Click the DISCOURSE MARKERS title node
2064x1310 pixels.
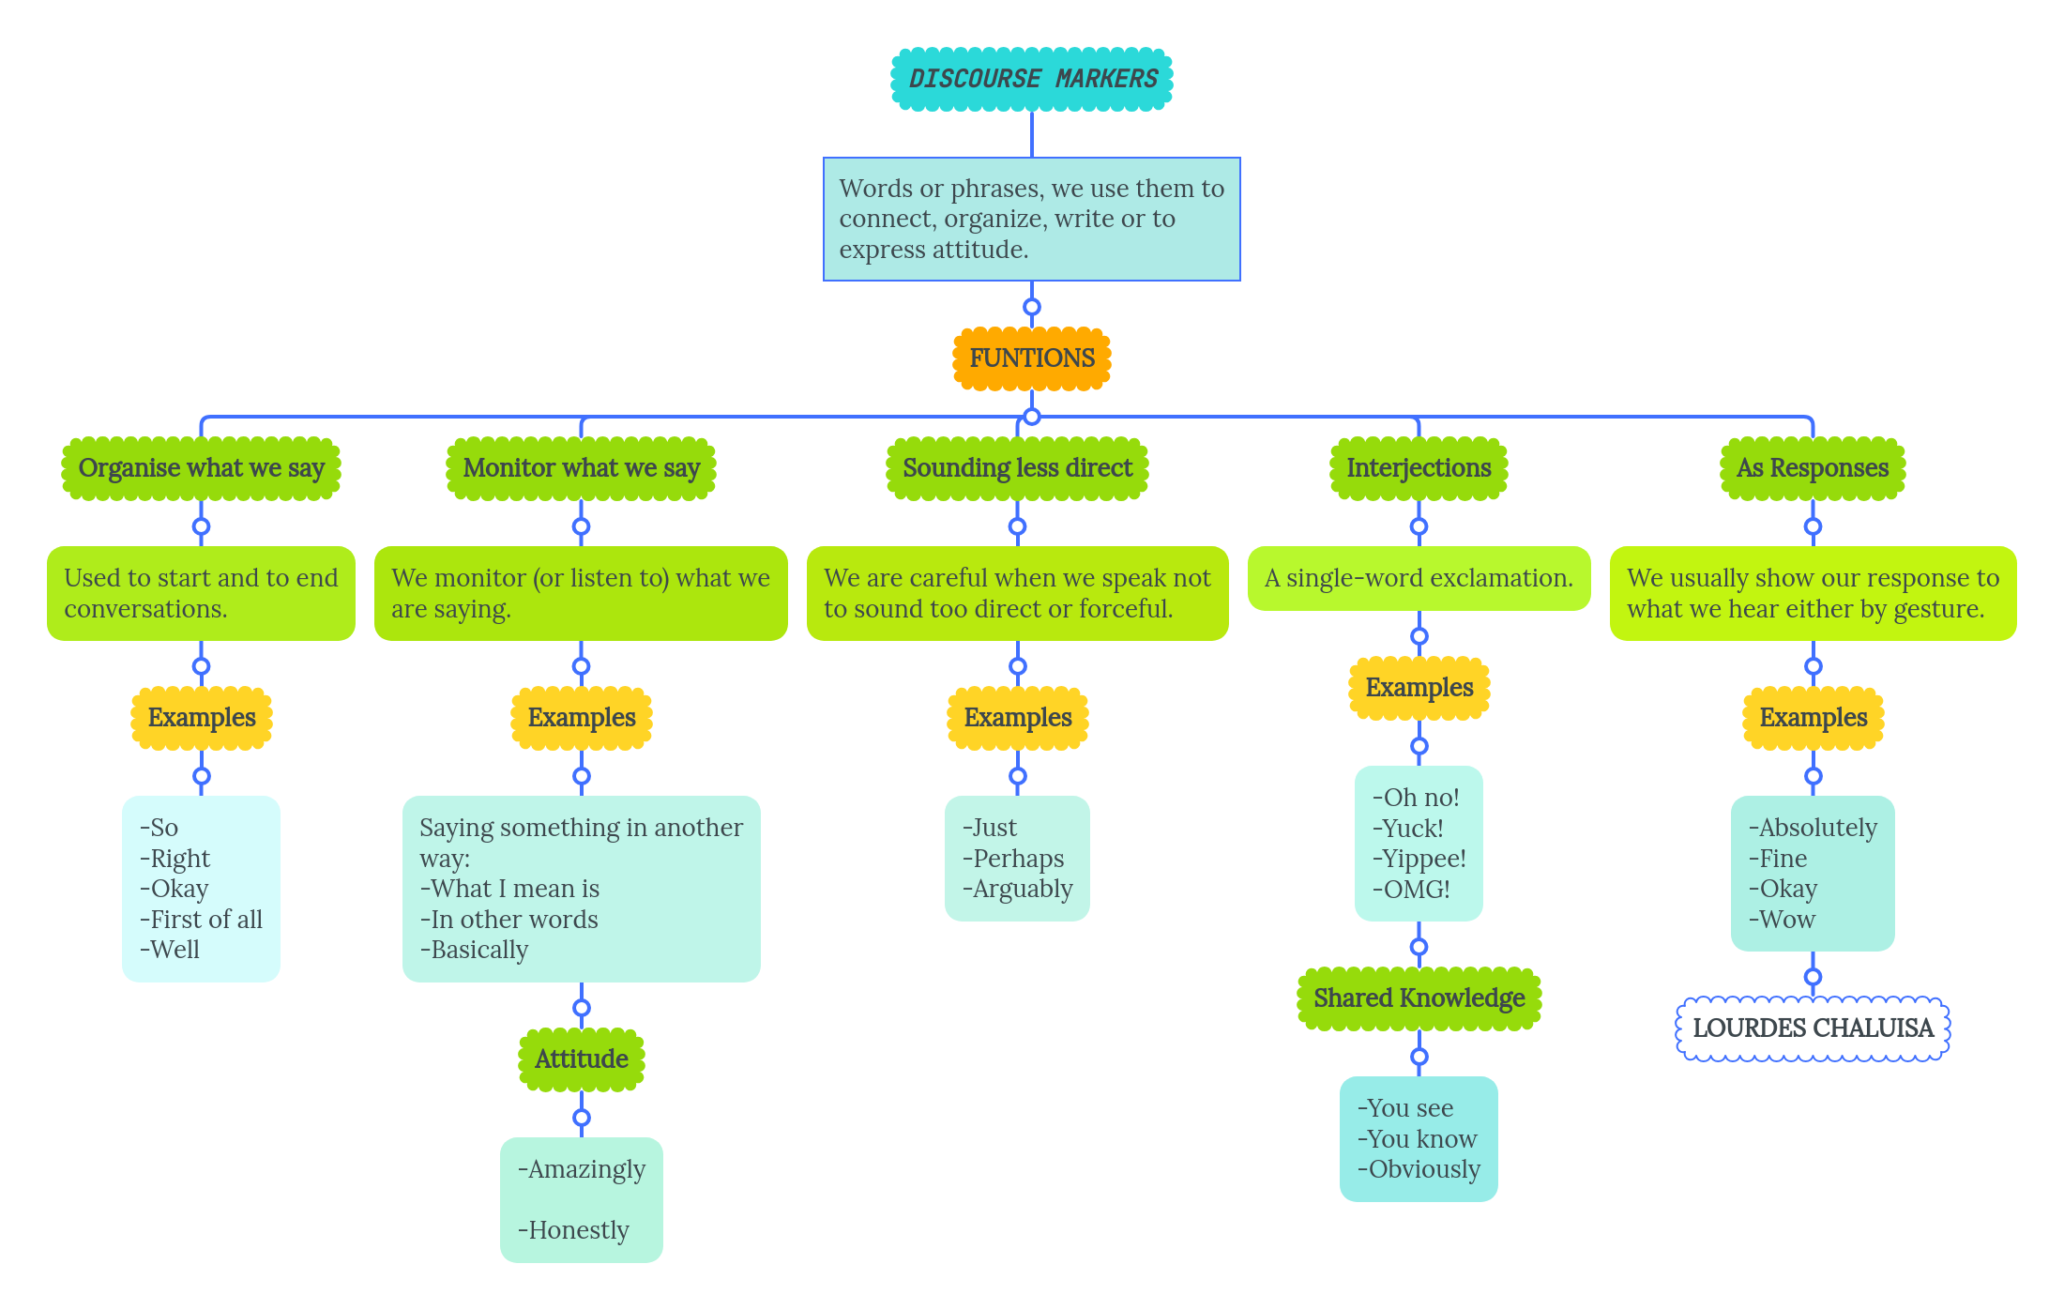point(1032,79)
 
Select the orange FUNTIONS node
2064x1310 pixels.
point(1032,358)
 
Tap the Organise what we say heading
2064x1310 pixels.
point(201,467)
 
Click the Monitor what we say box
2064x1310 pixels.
point(581,467)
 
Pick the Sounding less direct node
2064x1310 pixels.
point(1017,467)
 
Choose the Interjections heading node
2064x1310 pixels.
point(1419,467)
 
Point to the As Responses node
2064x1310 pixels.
point(1813,467)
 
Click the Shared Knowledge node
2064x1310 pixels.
point(1419,998)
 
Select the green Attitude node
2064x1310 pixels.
point(581,1059)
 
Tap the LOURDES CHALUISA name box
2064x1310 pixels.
point(1813,1028)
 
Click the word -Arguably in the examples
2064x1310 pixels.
point(1018,889)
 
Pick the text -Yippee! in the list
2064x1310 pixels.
point(1419,859)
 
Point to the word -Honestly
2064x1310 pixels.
point(574,1230)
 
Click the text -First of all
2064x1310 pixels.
point(202,920)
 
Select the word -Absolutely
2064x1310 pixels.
point(1813,828)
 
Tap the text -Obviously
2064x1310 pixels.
point(1419,1169)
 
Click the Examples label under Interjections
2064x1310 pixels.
point(1419,687)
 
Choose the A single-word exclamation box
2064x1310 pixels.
point(1419,578)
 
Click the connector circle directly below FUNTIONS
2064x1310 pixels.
point(1032,417)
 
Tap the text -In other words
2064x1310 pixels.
point(509,920)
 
